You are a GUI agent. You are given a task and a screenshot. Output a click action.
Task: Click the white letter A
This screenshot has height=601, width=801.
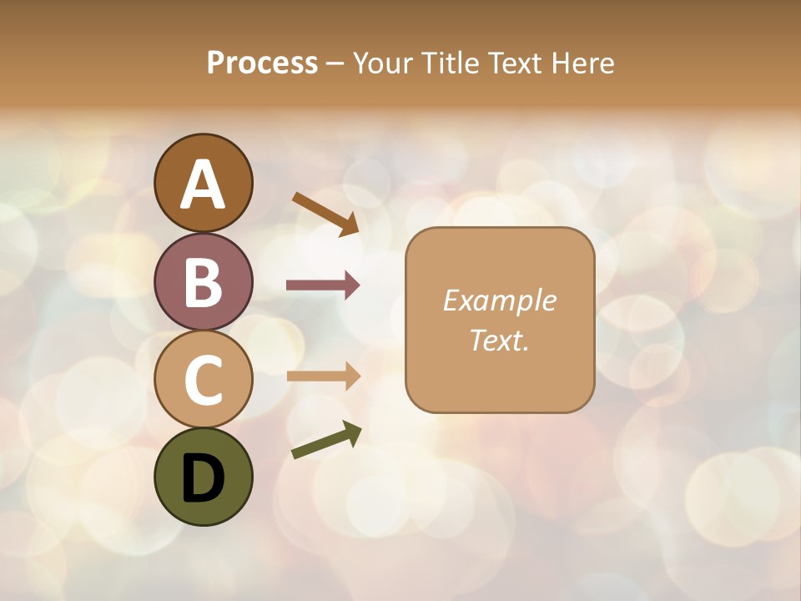point(203,184)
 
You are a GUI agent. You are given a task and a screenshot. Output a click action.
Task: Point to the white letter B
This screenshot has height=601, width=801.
point(203,282)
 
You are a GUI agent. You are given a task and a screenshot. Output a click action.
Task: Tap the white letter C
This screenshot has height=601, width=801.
point(203,380)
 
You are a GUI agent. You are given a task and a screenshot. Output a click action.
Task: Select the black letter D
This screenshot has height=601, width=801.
point(203,477)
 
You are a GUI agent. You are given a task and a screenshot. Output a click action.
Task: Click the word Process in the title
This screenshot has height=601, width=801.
point(262,63)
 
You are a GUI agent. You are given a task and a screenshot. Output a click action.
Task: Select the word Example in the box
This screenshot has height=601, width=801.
point(499,300)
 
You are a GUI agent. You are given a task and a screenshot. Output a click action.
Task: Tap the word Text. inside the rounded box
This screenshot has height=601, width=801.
point(499,340)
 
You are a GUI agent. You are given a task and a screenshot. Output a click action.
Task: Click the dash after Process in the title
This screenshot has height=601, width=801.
point(335,64)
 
